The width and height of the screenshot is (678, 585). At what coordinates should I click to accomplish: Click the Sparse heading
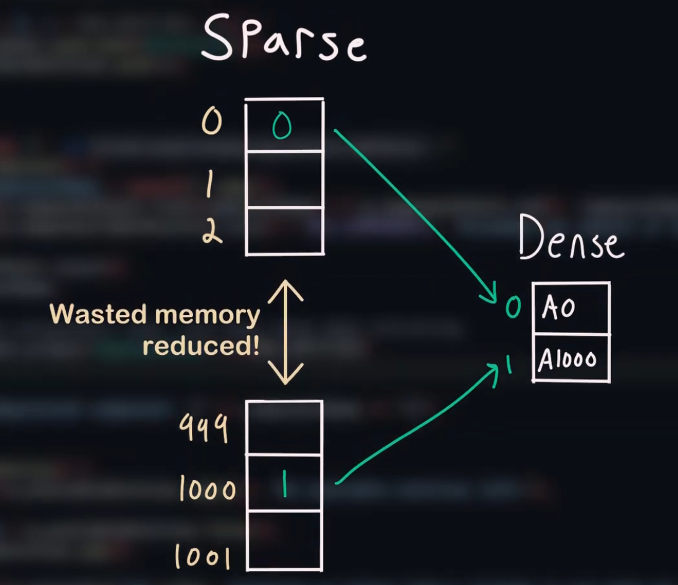coord(284,38)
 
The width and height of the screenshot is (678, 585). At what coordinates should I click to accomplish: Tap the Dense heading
coord(570,239)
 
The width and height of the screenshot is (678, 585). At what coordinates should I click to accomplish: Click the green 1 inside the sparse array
coord(284,483)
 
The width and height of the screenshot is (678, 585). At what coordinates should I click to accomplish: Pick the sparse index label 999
coord(204,427)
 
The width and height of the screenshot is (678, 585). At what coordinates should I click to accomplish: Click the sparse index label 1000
coord(207,491)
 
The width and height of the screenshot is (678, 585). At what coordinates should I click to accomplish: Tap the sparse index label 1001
coord(202,556)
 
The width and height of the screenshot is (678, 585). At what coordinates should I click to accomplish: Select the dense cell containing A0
coord(571,308)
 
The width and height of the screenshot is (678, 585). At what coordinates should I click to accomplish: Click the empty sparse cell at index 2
coord(284,231)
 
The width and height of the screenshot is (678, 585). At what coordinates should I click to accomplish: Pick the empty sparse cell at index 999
coord(284,427)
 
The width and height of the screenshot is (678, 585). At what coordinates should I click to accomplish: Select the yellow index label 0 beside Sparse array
coord(212,123)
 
